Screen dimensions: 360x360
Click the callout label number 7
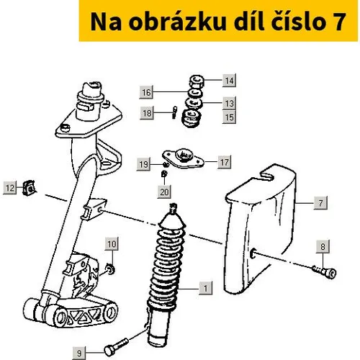coord(320,203)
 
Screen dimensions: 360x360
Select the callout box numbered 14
coord(229,81)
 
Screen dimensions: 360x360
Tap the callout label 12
coord(10,188)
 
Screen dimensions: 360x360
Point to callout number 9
coord(79,353)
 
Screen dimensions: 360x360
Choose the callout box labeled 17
coord(225,162)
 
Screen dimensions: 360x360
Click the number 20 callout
coord(164,192)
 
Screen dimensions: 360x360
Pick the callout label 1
coord(206,288)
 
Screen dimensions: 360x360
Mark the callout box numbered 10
coord(112,244)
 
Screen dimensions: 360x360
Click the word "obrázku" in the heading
coord(177,22)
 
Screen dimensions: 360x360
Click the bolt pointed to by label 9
coord(116,346)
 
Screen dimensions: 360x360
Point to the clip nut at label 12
coord(30,188)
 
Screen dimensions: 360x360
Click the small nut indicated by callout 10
coord(110,269)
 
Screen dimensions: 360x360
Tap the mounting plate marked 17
coord(183,158)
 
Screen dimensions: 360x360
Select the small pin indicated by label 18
coord(175,112)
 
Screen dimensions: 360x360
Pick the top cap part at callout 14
coord(197,81)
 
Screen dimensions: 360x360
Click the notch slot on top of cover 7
coord(267,175)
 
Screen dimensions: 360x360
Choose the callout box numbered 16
coord(146,92)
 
